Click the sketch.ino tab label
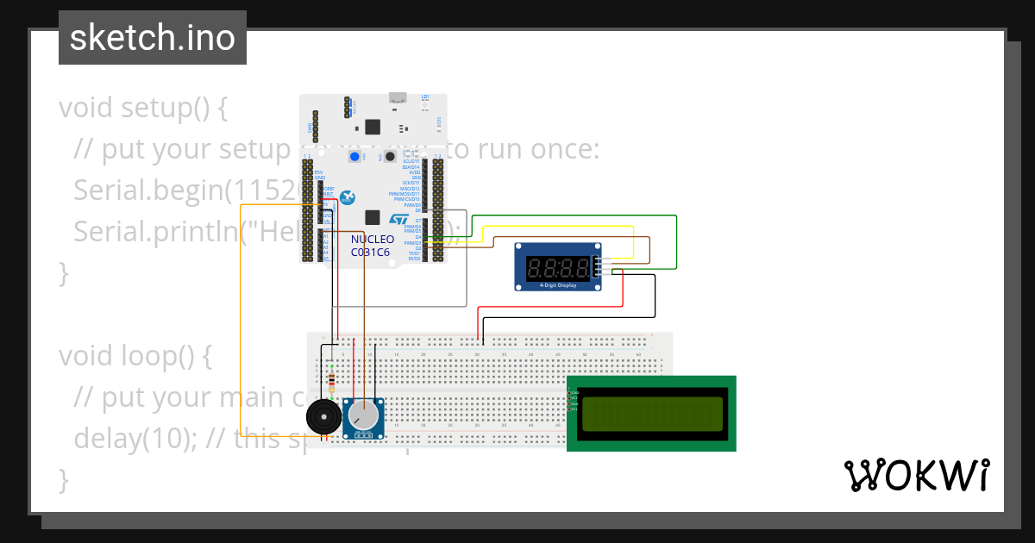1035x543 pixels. (x=152, y=38)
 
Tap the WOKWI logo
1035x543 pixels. (x=916, y=475)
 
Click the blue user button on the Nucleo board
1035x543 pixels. (x=354, y=157)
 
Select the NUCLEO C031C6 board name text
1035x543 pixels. (x=372, y=246)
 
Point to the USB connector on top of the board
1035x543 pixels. (x=398, y=97)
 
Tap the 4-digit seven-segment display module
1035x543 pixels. (x=559, y=266)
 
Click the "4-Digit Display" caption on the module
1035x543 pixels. (x=558, y=285)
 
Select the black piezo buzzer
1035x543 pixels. (x=324, y=419)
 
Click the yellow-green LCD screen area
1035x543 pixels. (x=651, y=414)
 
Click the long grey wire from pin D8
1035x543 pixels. (x=467, y=259)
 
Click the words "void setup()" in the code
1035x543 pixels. (x=142, y=109)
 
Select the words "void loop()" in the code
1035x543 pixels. (x=135, y=356)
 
